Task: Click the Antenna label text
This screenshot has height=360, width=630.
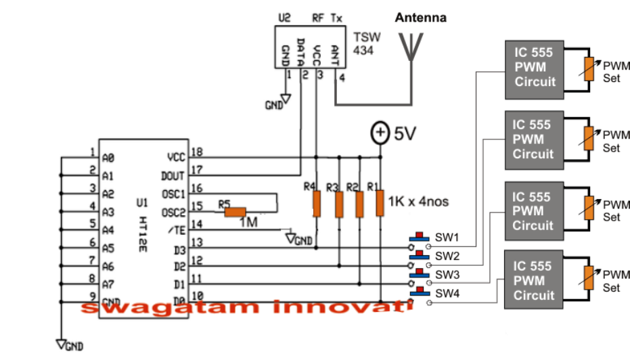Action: (421, 18)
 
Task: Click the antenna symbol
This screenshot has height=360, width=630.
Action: (410, 43)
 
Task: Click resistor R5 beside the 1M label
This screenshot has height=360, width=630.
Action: (235, 212)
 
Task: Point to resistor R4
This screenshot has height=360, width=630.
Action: (316, 202)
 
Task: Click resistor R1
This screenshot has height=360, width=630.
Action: (379, 202)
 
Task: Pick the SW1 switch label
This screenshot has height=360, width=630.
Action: (447, 238)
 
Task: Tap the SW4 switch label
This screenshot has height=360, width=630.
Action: (447, 294)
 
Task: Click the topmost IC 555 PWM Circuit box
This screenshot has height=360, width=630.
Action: (534, 67)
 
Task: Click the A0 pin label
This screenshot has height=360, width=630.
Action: (108, 158)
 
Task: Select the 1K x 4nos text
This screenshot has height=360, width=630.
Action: (419, 201)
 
